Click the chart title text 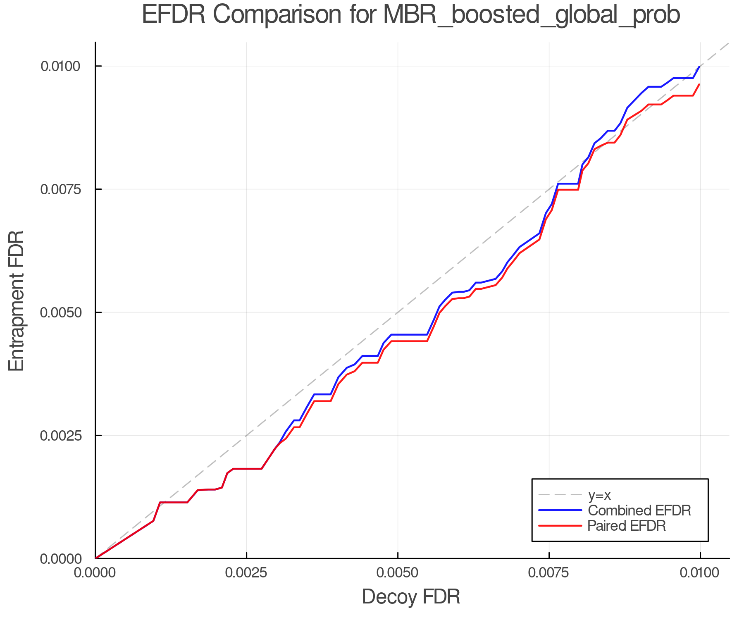(411, 15)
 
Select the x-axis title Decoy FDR (411, 597)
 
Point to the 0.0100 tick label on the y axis (60, 66)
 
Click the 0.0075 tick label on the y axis (60, 189)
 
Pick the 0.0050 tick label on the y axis (60, 312)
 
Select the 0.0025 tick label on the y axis (60, 435)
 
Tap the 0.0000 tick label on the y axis (60, 558)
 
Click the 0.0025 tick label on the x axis (246, 573)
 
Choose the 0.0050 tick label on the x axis (398, 573)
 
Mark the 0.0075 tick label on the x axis (549, 573)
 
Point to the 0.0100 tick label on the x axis (700, 573)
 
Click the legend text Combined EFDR (639, 510)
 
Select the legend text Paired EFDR (627, 526)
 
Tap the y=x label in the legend (599, 495)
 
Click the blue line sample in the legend (560, 510)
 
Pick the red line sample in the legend (560, 526)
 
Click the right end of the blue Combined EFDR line (699, 67)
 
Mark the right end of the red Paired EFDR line (699, 84)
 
